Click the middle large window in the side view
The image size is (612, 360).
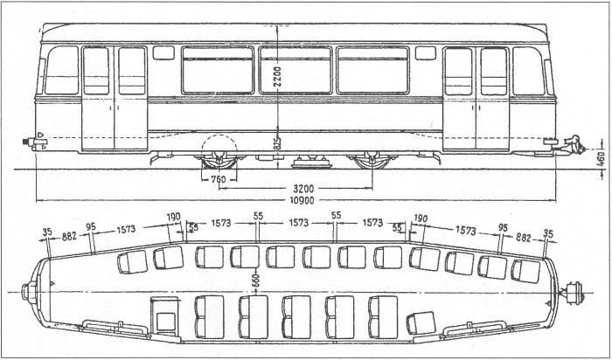click(295, 69)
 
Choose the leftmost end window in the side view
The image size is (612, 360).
click(61, 71)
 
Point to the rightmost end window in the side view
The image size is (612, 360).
click(527, 71)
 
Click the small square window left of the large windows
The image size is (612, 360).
click(163, 53)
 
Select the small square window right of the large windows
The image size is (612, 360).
click(426, 53)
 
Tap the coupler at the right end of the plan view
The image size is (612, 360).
click(574, 292)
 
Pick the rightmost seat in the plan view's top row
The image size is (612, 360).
click(526, 270)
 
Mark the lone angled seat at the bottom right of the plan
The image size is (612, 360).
click(421, 322)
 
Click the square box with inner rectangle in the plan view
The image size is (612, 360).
click(163, 315)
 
